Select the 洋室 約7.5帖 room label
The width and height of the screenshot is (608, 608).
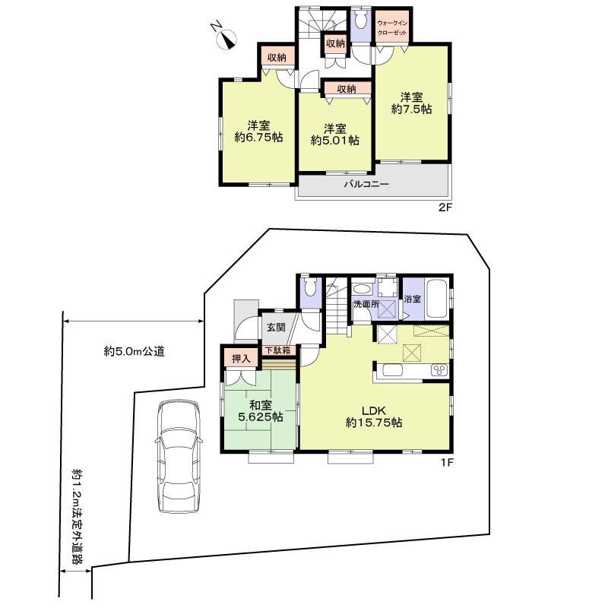[x=411, y=103]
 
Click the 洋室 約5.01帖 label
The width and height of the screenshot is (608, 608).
[x=334, y=134]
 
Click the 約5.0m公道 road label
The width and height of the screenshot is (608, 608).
[x=135, y=352]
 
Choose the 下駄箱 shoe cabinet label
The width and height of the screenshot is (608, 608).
[x=280, y=350]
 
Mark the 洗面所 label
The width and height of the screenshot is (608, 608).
[x=366, y=305]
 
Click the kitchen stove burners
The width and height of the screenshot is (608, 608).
[x=439, y=370]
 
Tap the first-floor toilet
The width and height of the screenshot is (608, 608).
[x=309, y=289]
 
